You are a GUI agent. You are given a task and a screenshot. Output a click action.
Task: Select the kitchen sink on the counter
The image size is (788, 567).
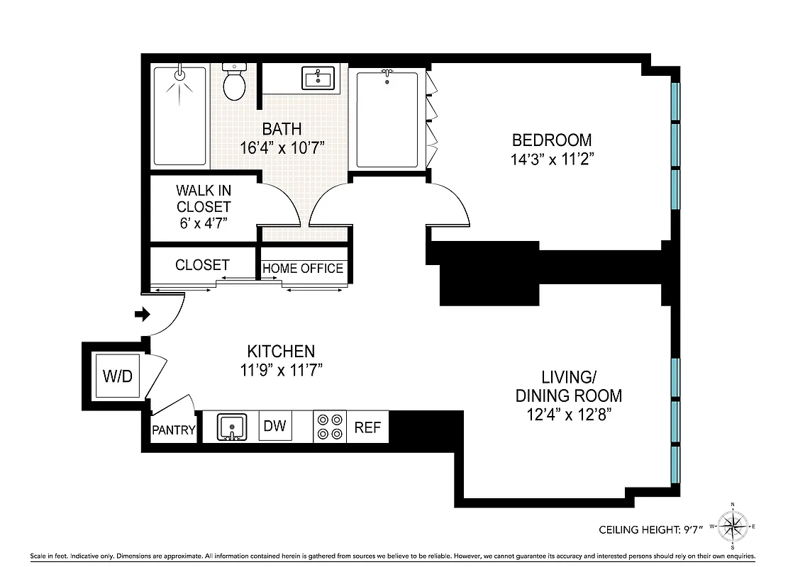[231, 427]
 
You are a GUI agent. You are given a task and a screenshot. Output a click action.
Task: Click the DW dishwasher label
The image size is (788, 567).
[274, 426]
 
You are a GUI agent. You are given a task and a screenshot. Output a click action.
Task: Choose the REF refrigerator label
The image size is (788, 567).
[367, 427]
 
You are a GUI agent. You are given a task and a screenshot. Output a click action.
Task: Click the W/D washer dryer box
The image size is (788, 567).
[118, 376]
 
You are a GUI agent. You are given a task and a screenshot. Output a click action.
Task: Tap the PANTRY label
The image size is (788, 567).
[173, 430]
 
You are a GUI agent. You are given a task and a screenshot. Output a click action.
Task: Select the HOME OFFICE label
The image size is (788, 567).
[303, 269]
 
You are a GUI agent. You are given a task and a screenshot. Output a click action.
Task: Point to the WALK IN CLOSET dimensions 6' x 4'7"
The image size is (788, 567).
[204, 224]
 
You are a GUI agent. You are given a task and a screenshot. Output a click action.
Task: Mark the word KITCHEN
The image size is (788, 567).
[281, 351]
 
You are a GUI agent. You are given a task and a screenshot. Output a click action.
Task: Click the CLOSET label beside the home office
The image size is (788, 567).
[202, 265]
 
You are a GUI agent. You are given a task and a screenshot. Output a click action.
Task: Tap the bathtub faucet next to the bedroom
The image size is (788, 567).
[387, 73]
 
